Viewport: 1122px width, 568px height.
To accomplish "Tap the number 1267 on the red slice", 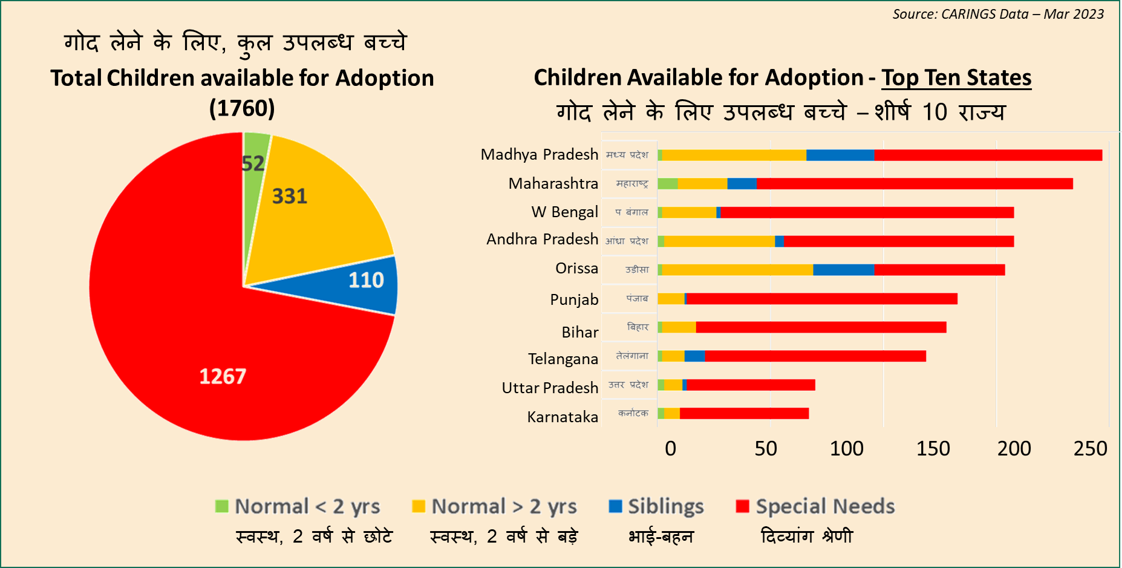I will (x=223, y=376).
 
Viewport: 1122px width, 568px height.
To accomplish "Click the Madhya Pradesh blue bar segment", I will (x=840, y=155).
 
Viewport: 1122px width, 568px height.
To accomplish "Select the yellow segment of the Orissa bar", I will (x=737, y=270).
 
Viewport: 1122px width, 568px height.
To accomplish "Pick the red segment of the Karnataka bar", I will (x=744, y=414).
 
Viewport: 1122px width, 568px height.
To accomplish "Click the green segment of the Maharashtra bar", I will (x=668, y=184).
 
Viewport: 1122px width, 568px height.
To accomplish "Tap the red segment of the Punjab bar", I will (x=822, y=299).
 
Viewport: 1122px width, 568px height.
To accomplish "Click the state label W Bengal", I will (x=564, y=212).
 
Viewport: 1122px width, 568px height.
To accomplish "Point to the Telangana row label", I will (x=563, y=359).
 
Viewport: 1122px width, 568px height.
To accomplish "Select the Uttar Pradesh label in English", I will (x=550, y=388).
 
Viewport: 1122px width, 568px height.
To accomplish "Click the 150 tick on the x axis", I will (x=933, y=449).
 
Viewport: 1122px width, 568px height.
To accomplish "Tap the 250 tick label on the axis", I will (x=1090, y=449).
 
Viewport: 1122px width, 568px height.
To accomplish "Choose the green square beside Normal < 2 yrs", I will (x=222, y=506).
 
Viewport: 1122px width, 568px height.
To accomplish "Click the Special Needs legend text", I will (x=825, y=506).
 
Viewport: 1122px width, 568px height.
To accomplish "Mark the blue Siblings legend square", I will (x=615, y=506).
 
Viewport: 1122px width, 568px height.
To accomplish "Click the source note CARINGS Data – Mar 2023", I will (x=998, y=14).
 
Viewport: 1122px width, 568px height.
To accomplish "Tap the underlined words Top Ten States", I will (x=956, y=78).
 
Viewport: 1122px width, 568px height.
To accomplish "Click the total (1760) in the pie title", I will (x=242, y=108).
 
